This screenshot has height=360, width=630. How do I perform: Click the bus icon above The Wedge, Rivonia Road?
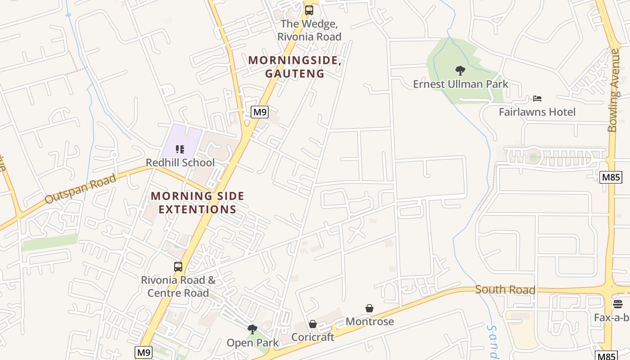coord(309,10)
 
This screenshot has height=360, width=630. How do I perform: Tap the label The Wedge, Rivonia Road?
coord(309,30)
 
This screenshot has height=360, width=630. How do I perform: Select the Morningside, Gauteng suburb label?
coord(295,67)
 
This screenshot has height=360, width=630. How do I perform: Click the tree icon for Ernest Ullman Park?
coord(460,71)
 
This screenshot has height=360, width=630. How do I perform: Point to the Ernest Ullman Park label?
coord(460,84)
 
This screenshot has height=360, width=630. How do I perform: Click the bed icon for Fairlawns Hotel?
coord(537,99)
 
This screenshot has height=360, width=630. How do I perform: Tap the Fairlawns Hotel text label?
coord(537,112)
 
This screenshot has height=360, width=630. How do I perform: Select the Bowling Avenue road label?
coord(613,90)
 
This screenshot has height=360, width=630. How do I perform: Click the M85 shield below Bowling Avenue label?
coord(611,177)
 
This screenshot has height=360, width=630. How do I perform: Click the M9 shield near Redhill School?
coord(260,112)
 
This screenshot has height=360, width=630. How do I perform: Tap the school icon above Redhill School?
coord(180,149)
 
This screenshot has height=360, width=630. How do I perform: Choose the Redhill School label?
coord(180,162)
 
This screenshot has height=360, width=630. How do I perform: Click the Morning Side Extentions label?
coord(197,202)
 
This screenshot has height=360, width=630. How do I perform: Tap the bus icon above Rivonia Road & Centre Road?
coord(178,267)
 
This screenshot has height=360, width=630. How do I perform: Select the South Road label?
coord(505,290)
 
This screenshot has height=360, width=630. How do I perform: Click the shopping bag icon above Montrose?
coord(369,308)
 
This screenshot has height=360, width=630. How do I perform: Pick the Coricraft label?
coord(313,337)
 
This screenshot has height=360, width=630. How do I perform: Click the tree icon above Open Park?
coord(252,329)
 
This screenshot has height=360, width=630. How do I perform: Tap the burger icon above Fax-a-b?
coord(617,304)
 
